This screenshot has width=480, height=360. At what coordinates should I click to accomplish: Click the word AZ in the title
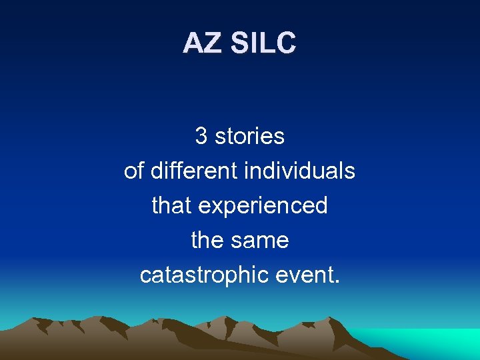click(202, 43)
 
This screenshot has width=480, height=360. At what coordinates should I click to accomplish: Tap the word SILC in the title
click(263, 43)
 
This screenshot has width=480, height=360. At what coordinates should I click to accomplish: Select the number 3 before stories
click(201, 137)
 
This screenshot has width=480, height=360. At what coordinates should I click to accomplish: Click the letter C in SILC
click(285, 43)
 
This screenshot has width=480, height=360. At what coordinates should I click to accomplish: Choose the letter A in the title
click(193, 43)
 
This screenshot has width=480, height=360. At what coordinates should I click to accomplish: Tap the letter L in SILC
click(267, 43)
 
